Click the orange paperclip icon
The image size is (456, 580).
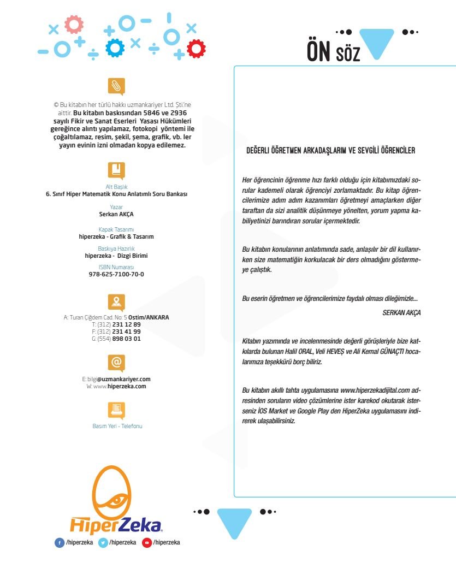coord(116,86)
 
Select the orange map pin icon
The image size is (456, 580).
coord(116,301)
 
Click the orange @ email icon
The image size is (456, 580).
coord(116,362)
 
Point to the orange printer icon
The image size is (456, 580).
coord(116,409)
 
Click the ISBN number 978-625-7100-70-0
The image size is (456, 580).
coord(116,274)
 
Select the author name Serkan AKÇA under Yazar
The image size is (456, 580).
coord(116,214)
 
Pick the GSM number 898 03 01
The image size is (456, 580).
coord(126,339)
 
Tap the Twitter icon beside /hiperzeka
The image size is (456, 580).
coord(103,542)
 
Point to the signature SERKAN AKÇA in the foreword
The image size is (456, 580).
coord(401,313)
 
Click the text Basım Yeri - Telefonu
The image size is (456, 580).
coord(117,426)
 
